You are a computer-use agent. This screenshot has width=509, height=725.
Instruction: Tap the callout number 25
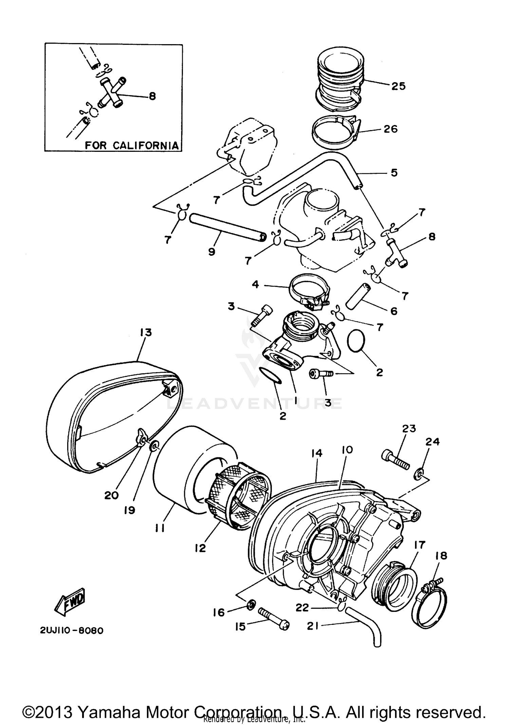pyautogui.click(x=398, y=86)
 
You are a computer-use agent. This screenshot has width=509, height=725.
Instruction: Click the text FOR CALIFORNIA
pyautogui.click(x=131, y=145)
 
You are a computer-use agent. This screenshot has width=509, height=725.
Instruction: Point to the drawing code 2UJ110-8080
pyautogui.click(x=72, y=631)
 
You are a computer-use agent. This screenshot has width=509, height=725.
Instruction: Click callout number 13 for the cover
pyautogui.click(x=146, y=332)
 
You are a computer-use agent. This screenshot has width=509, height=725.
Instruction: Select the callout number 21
pyautogui.click(x=313, y=626)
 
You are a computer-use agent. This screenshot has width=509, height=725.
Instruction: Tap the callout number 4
pyautogui.click(x=256, y=284)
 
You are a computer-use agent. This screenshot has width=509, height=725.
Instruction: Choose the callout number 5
pyautogui.click(x=394, y=173)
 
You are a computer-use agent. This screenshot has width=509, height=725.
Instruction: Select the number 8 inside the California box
pyautogui.click(x=152, y=96)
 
